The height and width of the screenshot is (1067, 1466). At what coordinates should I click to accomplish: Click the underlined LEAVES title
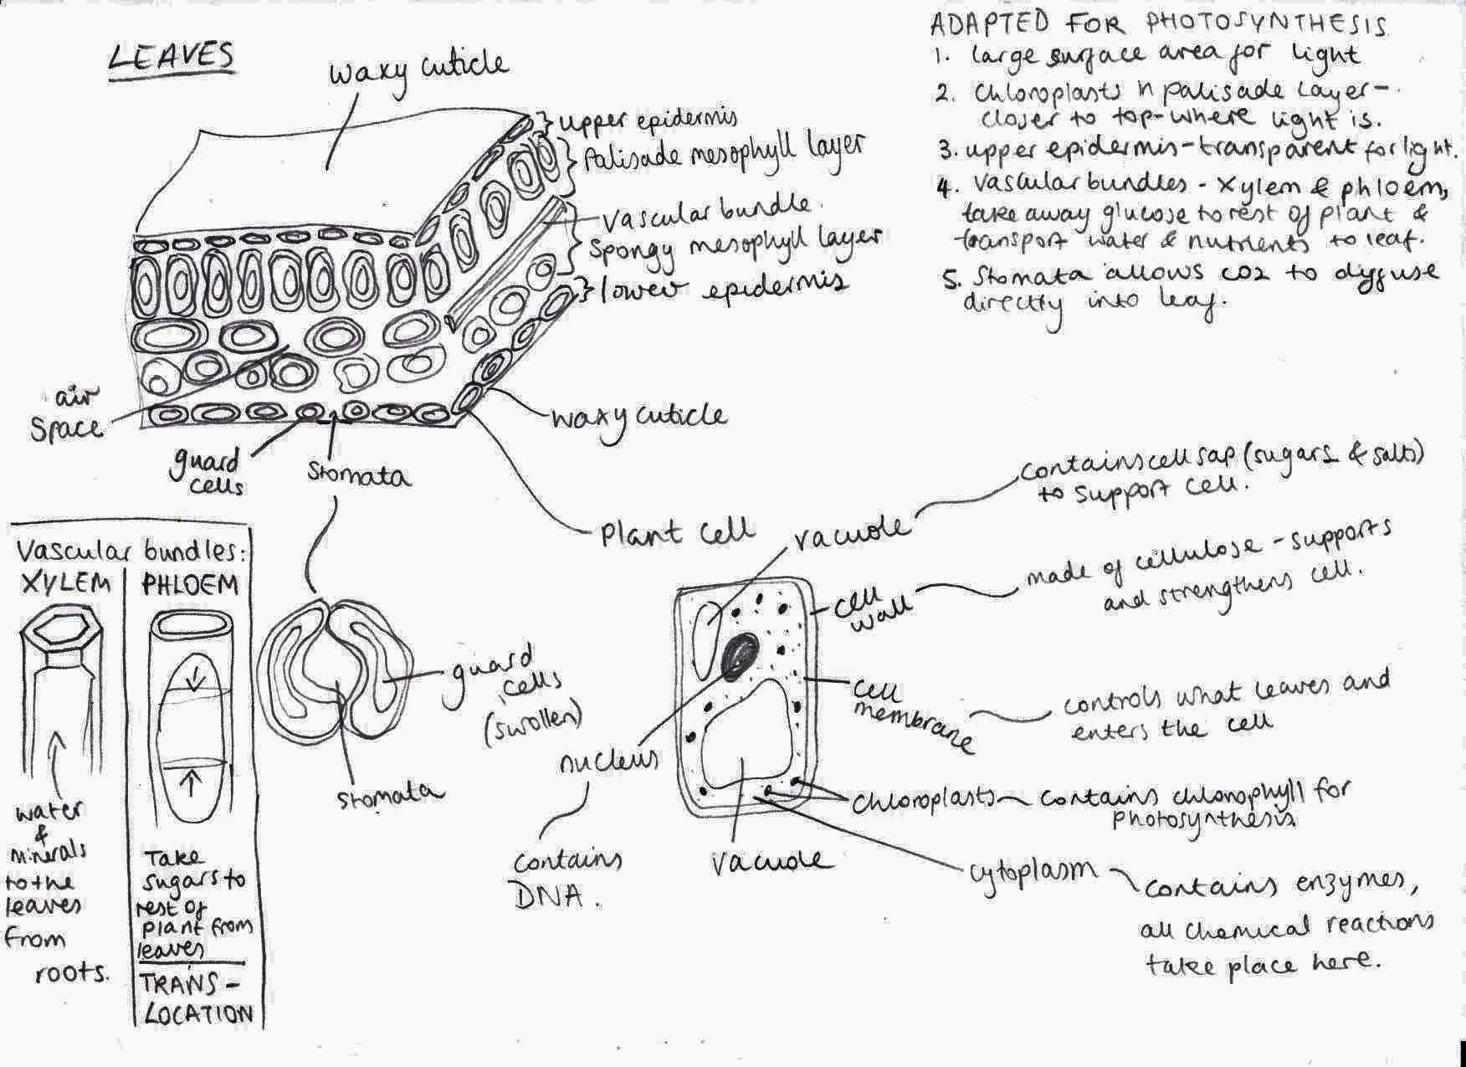coord(172,58)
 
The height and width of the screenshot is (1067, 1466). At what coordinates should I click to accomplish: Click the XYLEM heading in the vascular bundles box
coord(66,583)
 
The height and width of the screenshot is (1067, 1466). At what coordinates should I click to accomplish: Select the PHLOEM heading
coord(191,583)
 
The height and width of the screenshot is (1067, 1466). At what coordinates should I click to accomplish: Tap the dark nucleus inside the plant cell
coord(741,653)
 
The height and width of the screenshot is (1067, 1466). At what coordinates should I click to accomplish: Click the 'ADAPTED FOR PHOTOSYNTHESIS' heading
coord(1159,24)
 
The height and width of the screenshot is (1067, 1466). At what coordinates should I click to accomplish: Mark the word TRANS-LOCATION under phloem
coord(197,999)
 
